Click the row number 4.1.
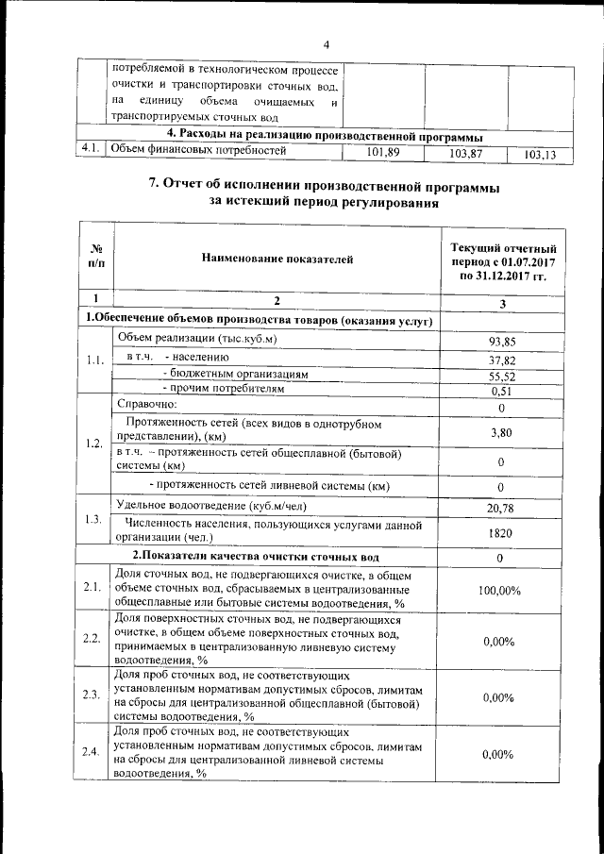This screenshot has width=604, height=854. [92, 148]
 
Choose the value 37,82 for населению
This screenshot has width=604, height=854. [500, 360]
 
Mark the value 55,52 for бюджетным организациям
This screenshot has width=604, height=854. [500, 376]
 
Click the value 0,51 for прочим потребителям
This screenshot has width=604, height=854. [500, 391]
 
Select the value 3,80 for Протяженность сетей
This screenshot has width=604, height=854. [500, 432]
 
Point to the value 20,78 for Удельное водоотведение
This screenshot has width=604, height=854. [500, 509]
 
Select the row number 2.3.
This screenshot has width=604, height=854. [92, 695]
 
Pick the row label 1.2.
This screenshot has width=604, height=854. [92, 444]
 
